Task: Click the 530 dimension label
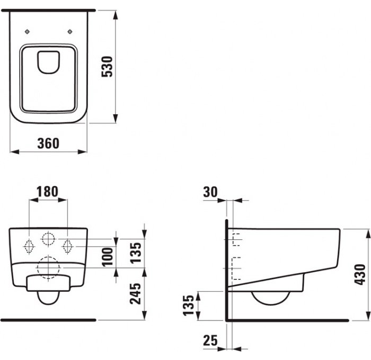coord(107,66)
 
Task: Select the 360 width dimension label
coord(48,143)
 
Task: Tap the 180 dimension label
coord(47,192)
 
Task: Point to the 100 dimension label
coord(108,257)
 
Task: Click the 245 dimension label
coord(135,294)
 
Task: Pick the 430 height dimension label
coord(360,274)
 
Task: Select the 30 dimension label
coord(210,192)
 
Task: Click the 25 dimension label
coord(210,340)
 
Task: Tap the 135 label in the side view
coord(189,305)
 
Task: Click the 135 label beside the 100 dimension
coord(136,253)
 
